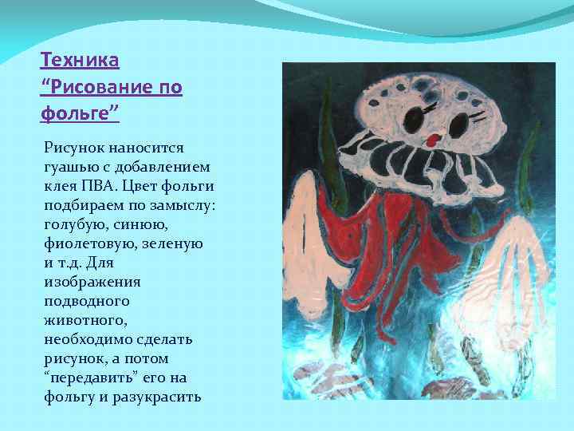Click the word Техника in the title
click(x=80, y=60)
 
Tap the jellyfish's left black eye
click(x=413, y=121)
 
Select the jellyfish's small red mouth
click(x=433, y=140)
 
